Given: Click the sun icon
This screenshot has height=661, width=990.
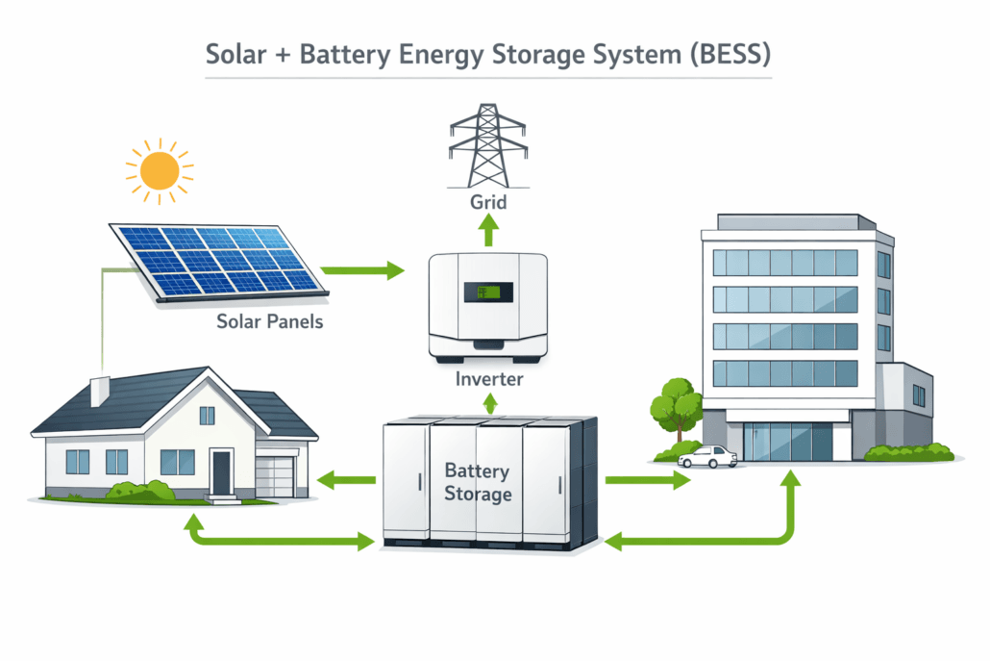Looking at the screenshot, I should (x=159, y=171).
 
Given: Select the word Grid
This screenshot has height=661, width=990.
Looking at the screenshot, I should (x=489, y=203).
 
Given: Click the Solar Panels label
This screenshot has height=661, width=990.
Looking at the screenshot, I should (x=270, y=321).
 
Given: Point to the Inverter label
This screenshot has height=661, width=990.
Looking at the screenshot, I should (x=489, y=379).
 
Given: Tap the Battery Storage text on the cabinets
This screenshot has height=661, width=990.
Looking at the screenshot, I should (x=479, y=482).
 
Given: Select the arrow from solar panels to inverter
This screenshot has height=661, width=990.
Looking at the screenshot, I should (x=362, y=271).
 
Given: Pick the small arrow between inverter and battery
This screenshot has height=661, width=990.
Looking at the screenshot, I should (x=489, y=404).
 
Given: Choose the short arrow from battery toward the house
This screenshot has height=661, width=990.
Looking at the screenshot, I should (x=346, y=478).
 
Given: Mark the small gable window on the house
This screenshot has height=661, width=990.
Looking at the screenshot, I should (x=207, y=415).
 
